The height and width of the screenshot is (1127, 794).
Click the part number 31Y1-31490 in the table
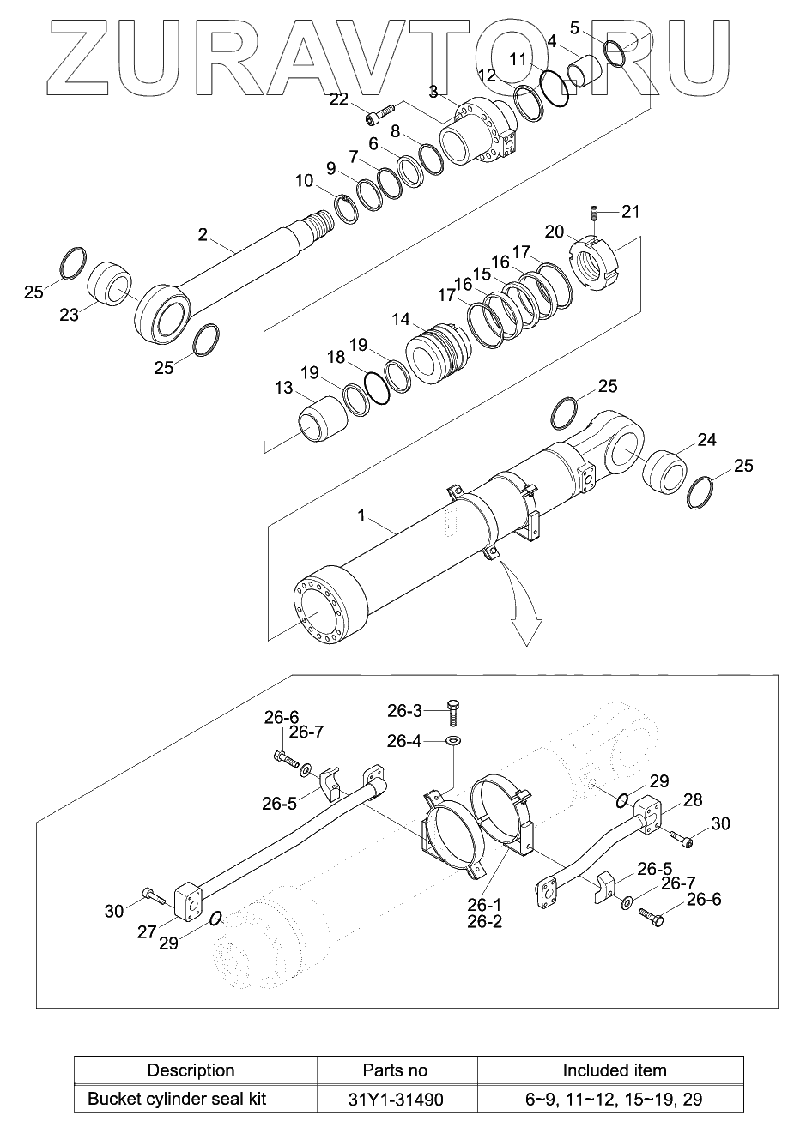click(x=395, y=1098)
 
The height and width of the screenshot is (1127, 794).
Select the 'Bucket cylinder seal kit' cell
click(x=178, y=1098)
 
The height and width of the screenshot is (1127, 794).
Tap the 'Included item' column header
click(x=614, y=1070)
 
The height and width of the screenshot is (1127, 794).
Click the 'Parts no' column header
click(x=395, y=1070)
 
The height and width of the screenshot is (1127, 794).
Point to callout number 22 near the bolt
click(x=338, y=99)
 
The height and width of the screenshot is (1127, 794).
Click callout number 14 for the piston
click(x=401, y=320)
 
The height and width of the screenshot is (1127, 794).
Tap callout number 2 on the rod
click(x=203, y=234)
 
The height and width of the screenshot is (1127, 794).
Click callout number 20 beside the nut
click(x=554, y=231)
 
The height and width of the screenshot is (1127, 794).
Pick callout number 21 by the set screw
click(x=631, y=211)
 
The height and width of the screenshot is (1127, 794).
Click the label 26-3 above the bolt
click(x=404, y=710)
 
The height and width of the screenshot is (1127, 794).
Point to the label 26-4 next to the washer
click(x=404, y=740)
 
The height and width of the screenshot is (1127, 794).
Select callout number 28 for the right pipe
click(x=693, y=799)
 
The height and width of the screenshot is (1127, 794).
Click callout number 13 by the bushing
click(x=284, y=389)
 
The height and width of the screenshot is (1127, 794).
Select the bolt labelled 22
click(x=379, y=111)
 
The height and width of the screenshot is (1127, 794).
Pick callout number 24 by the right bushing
click(x=706, y=440)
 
